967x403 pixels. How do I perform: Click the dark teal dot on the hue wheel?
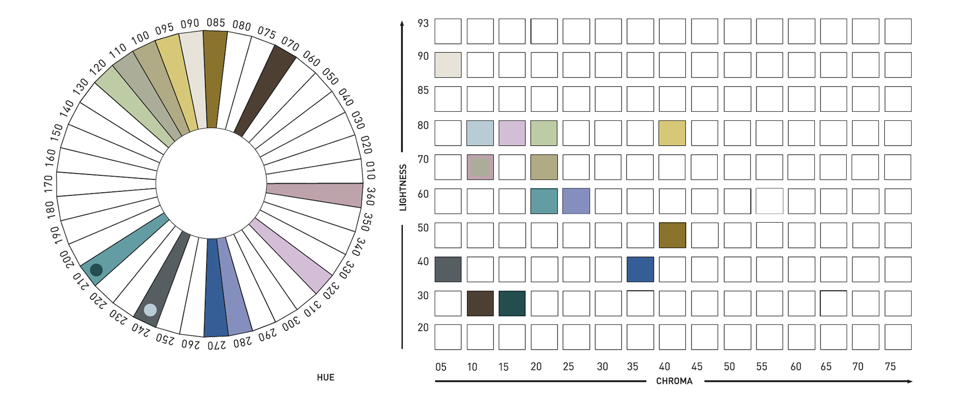(x=96, y=270)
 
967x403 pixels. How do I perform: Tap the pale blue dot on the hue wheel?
(x=150, y=310)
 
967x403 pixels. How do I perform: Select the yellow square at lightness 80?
(x=672, y=133)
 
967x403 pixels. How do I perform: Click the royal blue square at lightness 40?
(x=640, y=269)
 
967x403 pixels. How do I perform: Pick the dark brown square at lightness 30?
(x=480, y=303)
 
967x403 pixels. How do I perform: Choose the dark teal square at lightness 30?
(x=512, y=303)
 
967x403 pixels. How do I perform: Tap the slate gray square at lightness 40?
(x=448, y=269)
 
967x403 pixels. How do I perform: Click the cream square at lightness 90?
(x=448, y=65)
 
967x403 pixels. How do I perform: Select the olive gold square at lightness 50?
(x=672, y=235)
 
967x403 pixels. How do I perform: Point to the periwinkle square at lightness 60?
(x=576, y=201)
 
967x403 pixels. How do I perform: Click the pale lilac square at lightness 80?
(x=512, y=133)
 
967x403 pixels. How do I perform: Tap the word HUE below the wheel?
(x=325, y=377)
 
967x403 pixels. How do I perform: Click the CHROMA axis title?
(x=674, y=381)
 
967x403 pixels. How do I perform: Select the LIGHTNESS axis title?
(x=403, y=187)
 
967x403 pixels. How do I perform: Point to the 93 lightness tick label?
(x=423, y=23)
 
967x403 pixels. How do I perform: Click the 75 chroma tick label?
(x=890, y=367)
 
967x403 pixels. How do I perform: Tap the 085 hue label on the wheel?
(x=216, y=23)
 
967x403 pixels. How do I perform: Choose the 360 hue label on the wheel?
(x=371, y=196)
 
